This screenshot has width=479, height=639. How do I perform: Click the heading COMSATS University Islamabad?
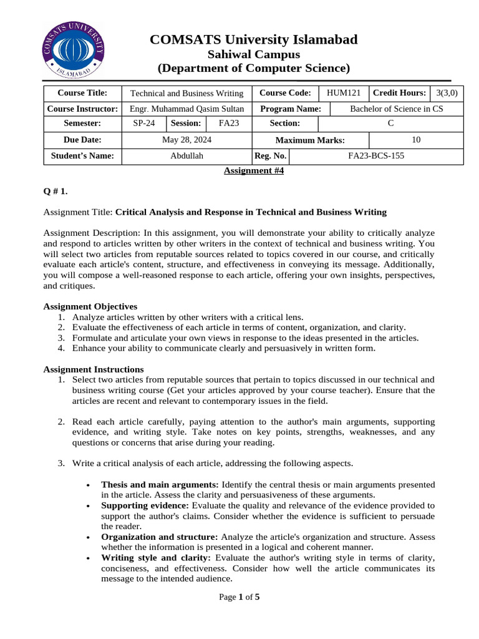tap(253, 40)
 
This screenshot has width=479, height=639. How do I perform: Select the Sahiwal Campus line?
tap(253, 54)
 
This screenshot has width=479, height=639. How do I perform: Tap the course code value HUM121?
tap(344, 93)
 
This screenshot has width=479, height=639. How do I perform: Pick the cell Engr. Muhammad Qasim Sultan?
tap(186, 109)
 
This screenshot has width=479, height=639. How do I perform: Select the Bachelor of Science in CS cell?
tap(397, 109)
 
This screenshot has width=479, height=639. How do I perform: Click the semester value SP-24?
tap(144, 124)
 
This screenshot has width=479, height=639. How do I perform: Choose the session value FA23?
tap(229, 124)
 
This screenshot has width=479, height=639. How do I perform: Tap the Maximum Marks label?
tap(310, 140)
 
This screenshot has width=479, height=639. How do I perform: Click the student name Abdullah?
tap(186, 156)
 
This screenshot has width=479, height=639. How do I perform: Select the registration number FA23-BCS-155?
tap(375, 156)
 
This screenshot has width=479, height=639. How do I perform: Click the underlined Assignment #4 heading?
tap(254, 171)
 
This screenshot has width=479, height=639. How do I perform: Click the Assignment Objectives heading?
tap(90, 306)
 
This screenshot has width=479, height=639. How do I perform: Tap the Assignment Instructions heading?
tap(93, 369)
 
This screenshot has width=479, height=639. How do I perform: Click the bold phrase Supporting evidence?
tap(145, 505)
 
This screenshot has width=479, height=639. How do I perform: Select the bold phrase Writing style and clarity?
tap(156, 557)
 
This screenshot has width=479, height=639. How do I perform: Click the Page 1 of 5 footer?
tap(239, 597)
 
